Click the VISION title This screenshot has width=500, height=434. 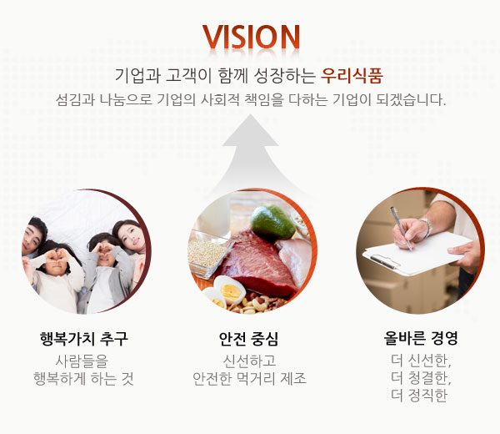click(x=251, y=36)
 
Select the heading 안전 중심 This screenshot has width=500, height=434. click(x=249, y=339)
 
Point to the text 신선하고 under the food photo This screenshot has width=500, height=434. click(x=249, y=361)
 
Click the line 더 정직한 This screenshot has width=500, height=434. click(x=419, y=396)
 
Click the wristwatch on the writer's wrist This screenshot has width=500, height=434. click(x=427, y=227)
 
